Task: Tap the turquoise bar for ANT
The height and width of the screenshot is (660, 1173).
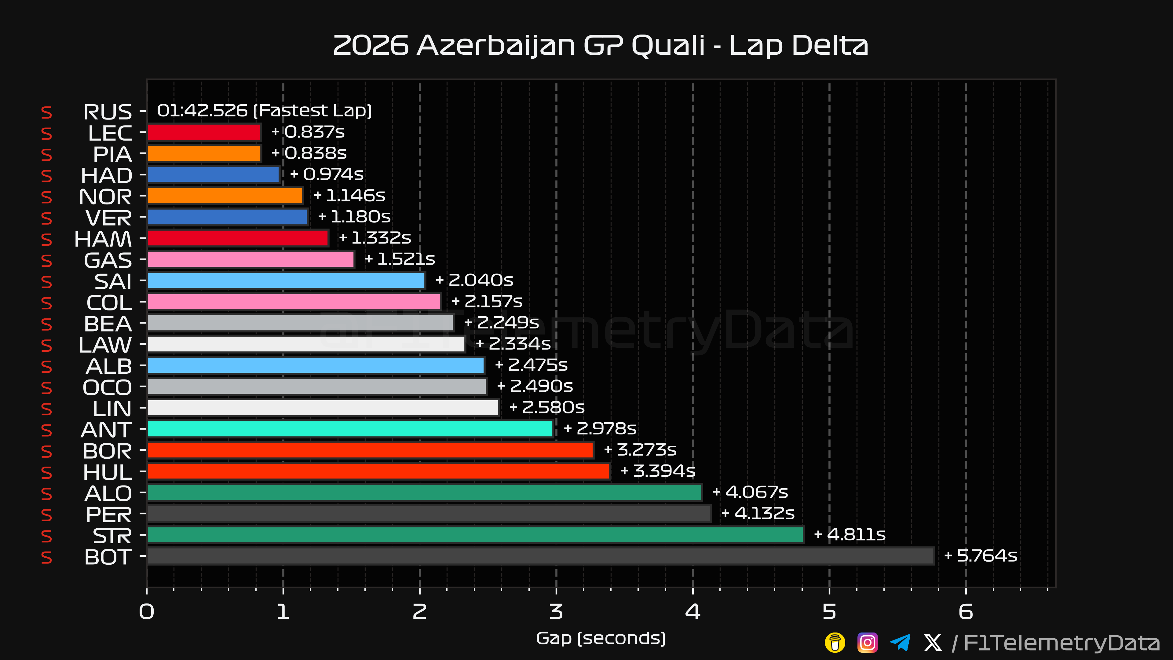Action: coord(350,429)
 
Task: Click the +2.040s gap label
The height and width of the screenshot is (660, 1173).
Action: coord(474,280)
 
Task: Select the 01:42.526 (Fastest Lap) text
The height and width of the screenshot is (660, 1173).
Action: coord(264,111)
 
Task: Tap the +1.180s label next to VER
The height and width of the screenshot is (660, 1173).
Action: coord(354,217)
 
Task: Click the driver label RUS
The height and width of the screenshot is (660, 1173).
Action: coord(108,112)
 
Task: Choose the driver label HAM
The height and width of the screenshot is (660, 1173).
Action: coord(103,239)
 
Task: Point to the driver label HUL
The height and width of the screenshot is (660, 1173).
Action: coord(108,472)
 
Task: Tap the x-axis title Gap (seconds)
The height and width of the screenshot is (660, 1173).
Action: coord(601,639)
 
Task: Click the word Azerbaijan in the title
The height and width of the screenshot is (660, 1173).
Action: coord(496,46)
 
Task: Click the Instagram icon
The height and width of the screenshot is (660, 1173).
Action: coord(868,643)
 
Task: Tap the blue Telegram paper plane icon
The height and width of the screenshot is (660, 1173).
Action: coord(900,643)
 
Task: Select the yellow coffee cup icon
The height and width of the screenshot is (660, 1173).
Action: coord(835,643)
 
